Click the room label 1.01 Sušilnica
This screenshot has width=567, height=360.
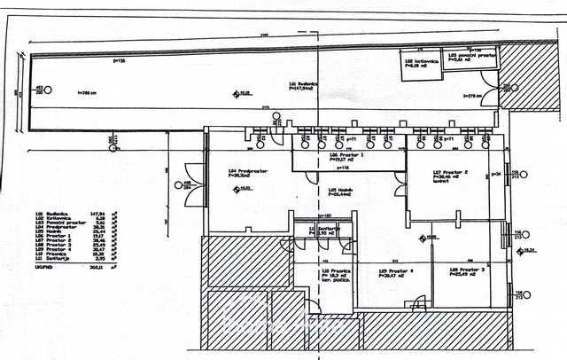pos(306,85)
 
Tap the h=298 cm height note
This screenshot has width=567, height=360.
pos(86,91)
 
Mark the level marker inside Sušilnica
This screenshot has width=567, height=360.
pos(236,93)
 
